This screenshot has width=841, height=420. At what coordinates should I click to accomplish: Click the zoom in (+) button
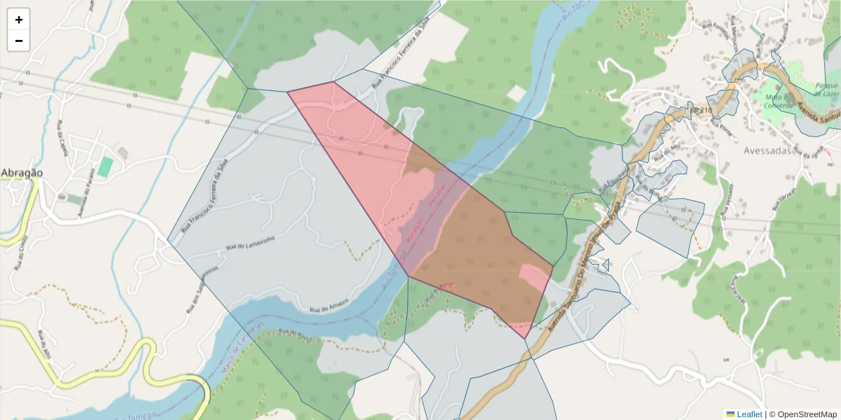[x=19, y=20]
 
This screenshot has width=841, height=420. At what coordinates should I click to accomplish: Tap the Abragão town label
[x=22, y=173]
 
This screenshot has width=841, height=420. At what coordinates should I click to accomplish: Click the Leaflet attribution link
[x=748, y=414]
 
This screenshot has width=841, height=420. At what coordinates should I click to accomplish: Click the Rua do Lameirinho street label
[x=250, y=243]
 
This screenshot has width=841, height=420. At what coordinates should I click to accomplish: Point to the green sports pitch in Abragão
[x=105, y=167]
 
